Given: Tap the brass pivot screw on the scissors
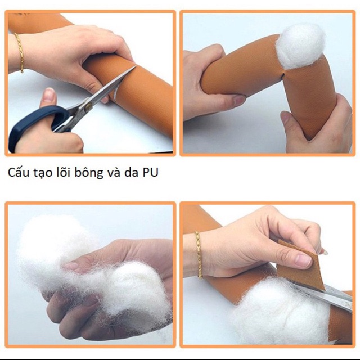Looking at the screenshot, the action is coord(88,106).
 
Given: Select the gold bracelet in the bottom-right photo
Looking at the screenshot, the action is coord(199,254).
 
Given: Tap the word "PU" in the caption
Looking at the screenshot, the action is coord(151,173).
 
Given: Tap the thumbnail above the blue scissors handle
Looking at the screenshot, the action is coord(49,95).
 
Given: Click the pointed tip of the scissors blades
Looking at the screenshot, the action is coord(136,66).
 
